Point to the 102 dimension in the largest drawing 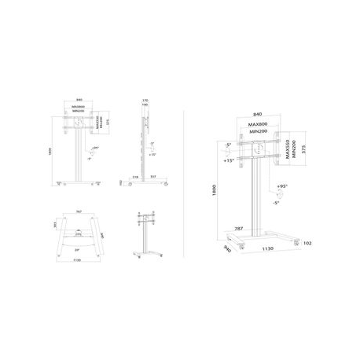(306, 243)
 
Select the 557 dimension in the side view (152, 178)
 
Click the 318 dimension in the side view (136, 178)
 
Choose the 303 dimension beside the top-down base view (54, 224)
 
